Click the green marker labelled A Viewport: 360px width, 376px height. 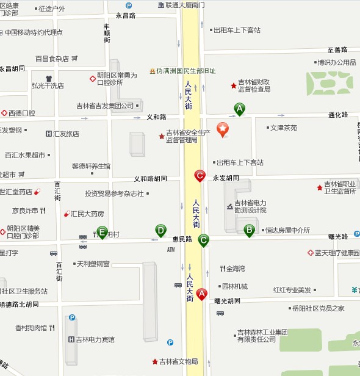(240, 109)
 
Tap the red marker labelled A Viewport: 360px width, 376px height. (201, 294)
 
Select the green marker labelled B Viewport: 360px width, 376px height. (249, 230)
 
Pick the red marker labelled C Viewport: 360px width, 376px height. (200, 176)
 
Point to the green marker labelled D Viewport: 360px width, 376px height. (161, 230)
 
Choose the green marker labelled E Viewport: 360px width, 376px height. (103, 232)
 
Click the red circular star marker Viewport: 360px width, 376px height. (223, 129)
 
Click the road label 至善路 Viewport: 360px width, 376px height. (337, 50)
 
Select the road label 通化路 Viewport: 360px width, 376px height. (338, 114)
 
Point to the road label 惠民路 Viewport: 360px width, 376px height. (182, 239)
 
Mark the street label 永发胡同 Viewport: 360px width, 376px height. (226, 178)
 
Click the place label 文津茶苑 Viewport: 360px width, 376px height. (284, 128)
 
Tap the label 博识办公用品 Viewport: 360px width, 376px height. (337, 62)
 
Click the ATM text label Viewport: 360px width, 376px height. (171, 250)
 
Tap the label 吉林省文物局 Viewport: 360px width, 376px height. (178, 361)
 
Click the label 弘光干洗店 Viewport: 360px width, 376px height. (48, 85)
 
